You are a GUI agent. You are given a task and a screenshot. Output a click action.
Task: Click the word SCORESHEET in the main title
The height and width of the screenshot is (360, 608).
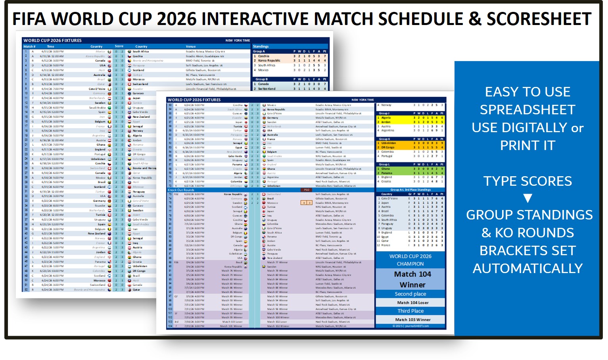(x=539, y=19)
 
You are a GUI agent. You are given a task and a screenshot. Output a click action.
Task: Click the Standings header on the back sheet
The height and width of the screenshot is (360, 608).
(x=261, y=46)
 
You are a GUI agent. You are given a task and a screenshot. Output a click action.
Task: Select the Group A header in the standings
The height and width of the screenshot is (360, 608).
(x=259, y=51)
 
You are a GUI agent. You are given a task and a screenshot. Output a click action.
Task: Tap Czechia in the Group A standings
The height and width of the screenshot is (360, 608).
(x=264, y=56)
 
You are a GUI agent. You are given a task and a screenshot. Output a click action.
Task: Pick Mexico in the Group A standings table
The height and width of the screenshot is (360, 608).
(x=263, y=70)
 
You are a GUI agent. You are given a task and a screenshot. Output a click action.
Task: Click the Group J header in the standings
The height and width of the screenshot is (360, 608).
(x=384, y=113)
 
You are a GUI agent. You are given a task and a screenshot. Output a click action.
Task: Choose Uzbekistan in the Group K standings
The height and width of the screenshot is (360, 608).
(x=389, y=143)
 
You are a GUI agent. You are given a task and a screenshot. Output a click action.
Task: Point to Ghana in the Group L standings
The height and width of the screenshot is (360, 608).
(x=386, y=169)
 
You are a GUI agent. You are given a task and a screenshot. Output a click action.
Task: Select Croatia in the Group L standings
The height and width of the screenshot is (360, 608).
(x=386, y=181)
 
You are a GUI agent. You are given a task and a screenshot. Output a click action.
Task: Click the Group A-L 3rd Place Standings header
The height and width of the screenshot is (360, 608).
(x=410, y=190)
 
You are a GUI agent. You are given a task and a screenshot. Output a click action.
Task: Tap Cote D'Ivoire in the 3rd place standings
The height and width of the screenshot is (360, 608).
(x=389, y=198)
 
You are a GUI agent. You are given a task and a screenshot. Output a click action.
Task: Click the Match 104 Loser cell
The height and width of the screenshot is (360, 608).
(x=412, y=302)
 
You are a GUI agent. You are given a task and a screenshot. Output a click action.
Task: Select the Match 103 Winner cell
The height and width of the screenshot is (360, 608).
(x=412, y=320)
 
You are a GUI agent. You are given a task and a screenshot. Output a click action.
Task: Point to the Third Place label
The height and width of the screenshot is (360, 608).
(x=410, y=311)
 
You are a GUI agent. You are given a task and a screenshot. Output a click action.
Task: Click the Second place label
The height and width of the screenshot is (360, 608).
(x=410, y=294)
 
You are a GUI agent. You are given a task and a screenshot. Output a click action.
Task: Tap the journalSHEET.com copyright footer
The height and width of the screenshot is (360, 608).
(x=410, y=326)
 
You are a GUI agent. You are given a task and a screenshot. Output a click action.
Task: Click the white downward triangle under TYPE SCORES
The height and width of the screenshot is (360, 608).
(x=527, y=198)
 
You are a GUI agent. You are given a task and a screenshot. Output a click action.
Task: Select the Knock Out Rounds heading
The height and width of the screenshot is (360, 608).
(x=181, y=190)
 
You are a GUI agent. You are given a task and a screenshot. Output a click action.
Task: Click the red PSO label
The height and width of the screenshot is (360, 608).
(x=306, y=190)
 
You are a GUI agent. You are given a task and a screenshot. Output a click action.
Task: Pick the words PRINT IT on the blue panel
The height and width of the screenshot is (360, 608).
(x=527, y=146)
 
